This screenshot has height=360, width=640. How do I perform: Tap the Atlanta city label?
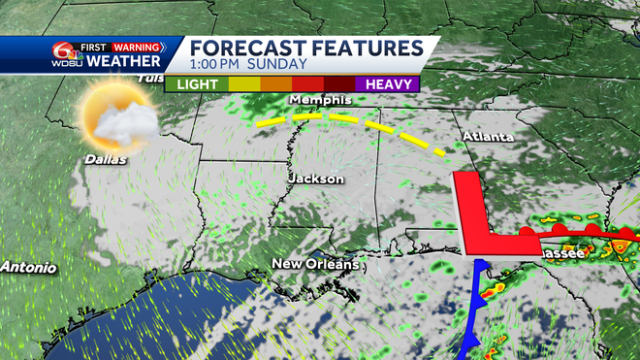[x=488, y=137]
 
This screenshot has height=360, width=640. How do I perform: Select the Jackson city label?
[x=316, y=180]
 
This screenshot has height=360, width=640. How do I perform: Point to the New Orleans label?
[x=315, y=264]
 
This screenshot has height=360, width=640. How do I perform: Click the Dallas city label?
[x=106, y=159]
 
